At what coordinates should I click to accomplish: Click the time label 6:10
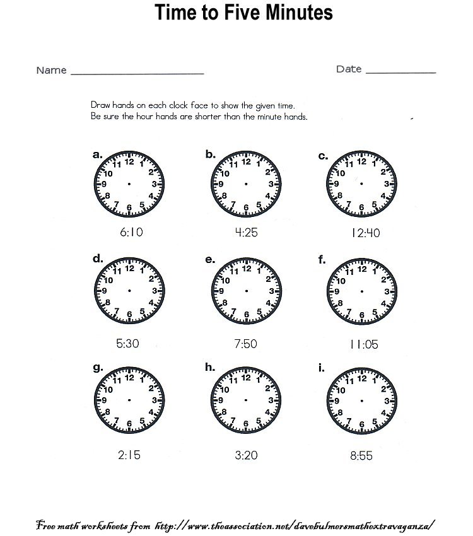click(x=131, y=232)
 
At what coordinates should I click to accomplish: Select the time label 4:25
click(x=246, y=232)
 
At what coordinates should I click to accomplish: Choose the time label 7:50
click(x=246, y=345)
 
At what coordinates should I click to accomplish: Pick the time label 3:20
click(x=246, y=455)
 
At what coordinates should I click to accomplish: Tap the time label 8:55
click(x=361, y=455)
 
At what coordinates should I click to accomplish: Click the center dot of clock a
click(x=129, y=184)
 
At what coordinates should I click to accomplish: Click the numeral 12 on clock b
click(x=246, y=161)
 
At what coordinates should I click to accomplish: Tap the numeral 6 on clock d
click(x=129, y=314)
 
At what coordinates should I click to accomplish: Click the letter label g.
click(x=98, y=368)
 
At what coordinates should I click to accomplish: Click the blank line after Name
click(x=137, y=73)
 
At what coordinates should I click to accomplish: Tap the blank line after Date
click(x=400, y=73)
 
